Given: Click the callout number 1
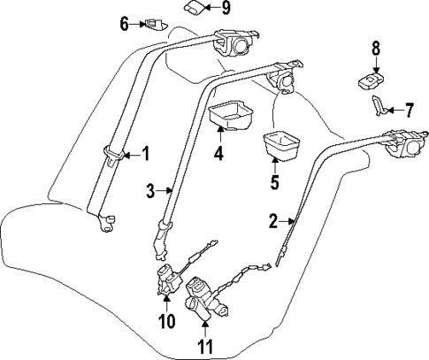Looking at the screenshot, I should pyautogui.click(x=146, y=155).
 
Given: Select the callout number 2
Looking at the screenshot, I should pyautogui.click(x=274, y=220).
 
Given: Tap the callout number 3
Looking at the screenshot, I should pyautogui.click(x=151, y=189).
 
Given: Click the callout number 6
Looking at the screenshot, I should pyautogui.click(x=125, y=23).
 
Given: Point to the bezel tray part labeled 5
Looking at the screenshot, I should pyautogui.click(x=281, y=144).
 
